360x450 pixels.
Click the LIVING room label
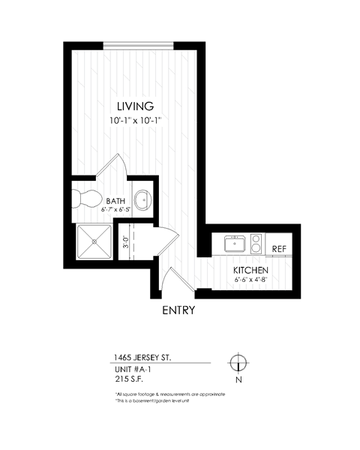point(135,106)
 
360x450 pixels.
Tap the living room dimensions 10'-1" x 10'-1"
point(135,120)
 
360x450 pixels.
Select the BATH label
point(115,201)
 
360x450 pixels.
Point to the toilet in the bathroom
point(84,199)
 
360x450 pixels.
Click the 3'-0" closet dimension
point(126,243)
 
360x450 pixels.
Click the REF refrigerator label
point(279,248)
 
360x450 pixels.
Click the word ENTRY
point(178,310)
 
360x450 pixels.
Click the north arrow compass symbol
point(238,361)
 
